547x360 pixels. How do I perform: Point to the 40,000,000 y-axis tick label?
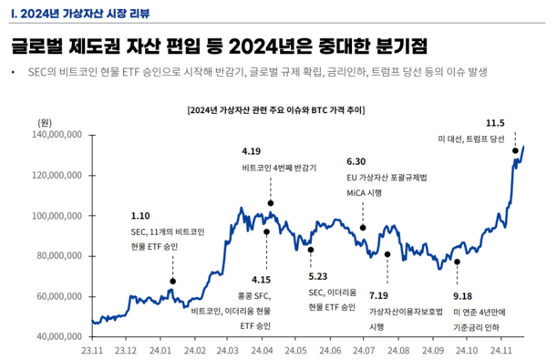tap(61, 336)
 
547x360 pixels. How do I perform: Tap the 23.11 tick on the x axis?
tap(92, 351)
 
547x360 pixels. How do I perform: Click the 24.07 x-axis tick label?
tap(365, 351)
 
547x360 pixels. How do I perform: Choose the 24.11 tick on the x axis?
tap(501, 351)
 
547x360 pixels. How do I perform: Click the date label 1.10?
tap(140, 216)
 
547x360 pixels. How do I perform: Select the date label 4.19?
tap(252, 150)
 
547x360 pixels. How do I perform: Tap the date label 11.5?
tap(495, 122)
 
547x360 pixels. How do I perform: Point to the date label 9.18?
tap(464, 297)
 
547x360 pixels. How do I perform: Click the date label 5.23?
tap(318, 276)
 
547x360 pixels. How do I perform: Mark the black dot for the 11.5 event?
tap(515, 151)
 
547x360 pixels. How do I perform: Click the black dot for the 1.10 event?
tap(172, 281)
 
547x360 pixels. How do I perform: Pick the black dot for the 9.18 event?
tap(457, 262)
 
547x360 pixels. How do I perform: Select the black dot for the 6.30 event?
tap(363, 228)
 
